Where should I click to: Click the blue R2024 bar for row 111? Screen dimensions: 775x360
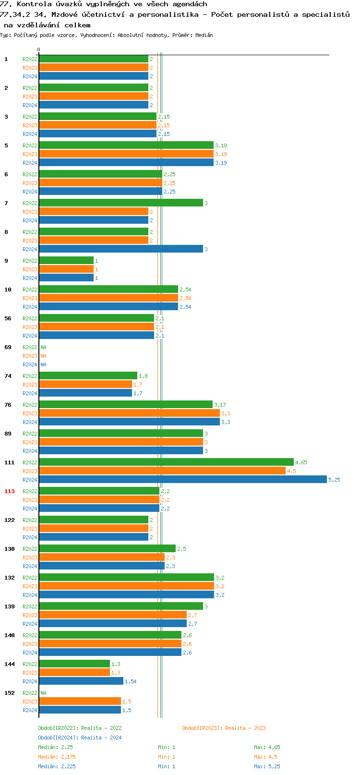(182, 480)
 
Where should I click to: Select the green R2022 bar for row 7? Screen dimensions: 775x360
(120, 203)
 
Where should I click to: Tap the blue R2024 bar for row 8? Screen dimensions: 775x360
(120, 249)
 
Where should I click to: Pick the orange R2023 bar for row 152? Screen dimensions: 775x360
(80, 702)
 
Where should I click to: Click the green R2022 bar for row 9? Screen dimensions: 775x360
(66, 261)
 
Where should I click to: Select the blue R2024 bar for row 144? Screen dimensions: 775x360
(81, 681)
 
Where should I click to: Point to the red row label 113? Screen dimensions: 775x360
(10, 491)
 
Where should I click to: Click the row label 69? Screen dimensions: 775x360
(8, 347)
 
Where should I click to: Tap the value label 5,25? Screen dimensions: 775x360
(334, 480)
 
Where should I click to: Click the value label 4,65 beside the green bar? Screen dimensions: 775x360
(301, 462)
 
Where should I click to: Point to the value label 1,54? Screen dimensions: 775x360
(131, 681)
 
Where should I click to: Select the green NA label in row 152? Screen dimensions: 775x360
(43, 693)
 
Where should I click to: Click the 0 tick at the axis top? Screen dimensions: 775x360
(39, 50)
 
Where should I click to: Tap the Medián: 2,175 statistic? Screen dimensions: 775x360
(57, 757)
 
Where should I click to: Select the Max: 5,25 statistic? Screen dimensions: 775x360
(267, 766)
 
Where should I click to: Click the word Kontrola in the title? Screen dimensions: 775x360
(34, 4)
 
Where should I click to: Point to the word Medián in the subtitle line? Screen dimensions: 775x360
(204, 35)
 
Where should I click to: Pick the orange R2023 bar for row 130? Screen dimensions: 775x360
(101, 557)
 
